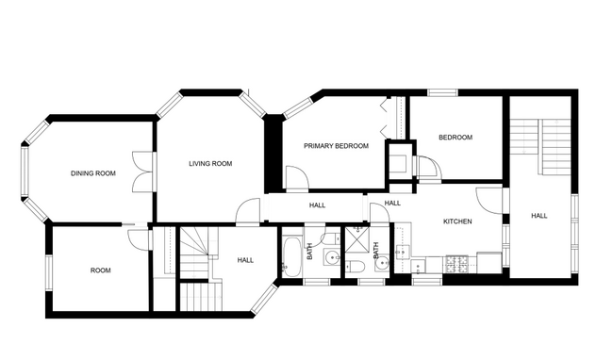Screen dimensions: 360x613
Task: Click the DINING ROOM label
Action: [92, 173]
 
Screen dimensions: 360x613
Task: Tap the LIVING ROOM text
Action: [209, 164]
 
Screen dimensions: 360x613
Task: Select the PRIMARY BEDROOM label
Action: [335, 146]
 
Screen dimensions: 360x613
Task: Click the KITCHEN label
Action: [457, 221]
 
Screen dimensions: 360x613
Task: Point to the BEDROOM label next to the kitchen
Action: [455, 138]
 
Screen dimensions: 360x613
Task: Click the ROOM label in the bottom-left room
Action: [100, 270]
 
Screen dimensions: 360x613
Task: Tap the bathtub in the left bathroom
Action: [291, 257]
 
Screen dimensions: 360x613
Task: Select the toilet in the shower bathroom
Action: [360, 267]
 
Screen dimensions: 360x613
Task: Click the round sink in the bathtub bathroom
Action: [331, 257]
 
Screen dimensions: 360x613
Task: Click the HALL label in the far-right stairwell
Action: [538, 216]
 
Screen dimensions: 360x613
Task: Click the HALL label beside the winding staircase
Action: [245, 260]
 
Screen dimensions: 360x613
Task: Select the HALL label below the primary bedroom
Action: [317, 205]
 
